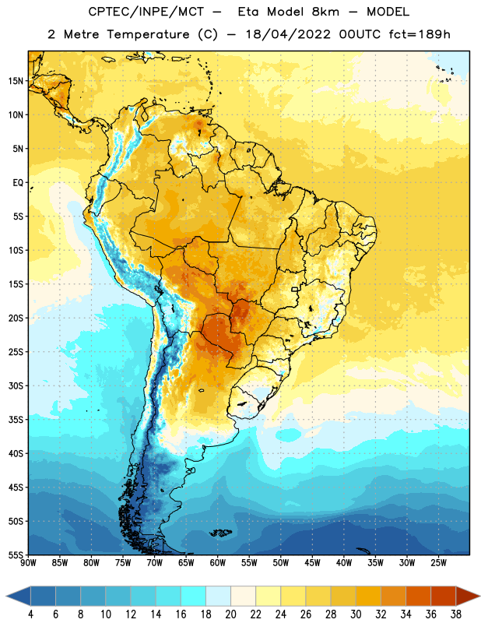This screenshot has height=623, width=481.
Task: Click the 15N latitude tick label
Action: tap(15, 81)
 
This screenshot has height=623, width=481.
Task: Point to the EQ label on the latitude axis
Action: tap(18, 183)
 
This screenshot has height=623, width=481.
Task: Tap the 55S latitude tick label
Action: tap(15, 554)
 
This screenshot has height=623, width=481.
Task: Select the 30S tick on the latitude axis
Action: tap(15, 385)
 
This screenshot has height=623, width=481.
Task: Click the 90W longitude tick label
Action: tap(29, 563)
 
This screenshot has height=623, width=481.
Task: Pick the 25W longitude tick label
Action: tap(439, 563)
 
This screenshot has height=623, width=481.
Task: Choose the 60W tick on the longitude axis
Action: tap(218, 563)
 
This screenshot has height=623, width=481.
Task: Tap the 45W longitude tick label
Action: tap(313, 563)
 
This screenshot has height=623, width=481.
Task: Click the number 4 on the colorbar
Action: tap(30, 614)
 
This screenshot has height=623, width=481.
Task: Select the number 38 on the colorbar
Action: tap(456, 614)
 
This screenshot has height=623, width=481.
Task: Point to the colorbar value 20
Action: tap(230, 614)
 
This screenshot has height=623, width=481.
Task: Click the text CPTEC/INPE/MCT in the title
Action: tap(146, 12)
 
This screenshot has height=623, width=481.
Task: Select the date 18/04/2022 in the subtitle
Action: tap(288, 34)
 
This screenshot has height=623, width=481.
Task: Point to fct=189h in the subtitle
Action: tap(420, 34)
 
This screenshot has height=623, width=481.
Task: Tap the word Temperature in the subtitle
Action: tap(148, 34)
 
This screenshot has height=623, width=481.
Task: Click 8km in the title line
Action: tap(325, 12)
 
